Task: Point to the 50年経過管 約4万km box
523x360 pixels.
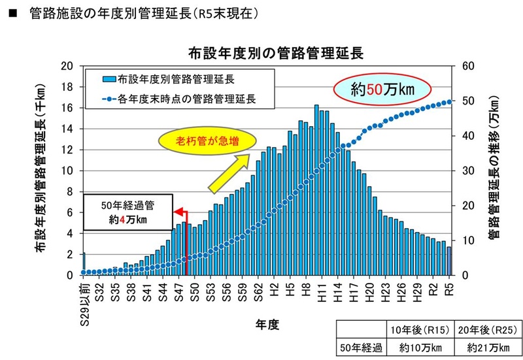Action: click(128, 212)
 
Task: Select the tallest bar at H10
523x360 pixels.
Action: click(316, 190)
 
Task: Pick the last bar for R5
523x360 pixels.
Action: click(449, 261)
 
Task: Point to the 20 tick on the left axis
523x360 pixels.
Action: click(65, 66)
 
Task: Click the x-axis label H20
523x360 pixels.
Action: click(369, 294)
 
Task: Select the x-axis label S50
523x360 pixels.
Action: click(195, 294)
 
